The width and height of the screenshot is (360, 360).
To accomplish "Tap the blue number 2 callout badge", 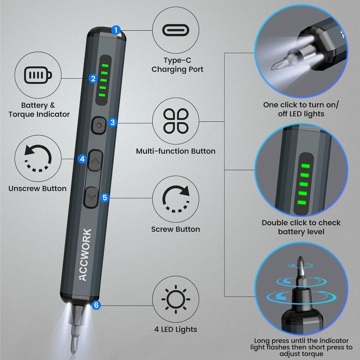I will point(93,78).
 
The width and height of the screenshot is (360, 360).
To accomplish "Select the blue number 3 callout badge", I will point(112,123).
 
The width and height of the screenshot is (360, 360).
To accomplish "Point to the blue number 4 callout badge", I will point(82,159).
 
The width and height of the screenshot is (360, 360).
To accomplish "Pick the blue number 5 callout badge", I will point(104,197).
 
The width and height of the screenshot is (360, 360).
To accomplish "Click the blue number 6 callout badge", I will point(96,305).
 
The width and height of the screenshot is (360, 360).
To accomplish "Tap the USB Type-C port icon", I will point(176,31).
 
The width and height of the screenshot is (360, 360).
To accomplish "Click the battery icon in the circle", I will point(38,75).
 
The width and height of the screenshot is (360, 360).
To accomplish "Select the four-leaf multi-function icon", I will point(176,121).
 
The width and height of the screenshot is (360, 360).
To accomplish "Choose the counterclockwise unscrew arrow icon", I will point(38,159).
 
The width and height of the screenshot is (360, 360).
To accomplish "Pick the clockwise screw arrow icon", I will point(176,199).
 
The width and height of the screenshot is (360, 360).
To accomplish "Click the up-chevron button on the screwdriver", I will point(95,161).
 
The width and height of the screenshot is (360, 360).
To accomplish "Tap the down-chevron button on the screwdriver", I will point(92,197).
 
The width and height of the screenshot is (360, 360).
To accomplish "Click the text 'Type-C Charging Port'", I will point(177,65).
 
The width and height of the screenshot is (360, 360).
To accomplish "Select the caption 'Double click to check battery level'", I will point(301,227).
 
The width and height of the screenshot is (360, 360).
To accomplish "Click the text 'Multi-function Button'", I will point(176,151).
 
